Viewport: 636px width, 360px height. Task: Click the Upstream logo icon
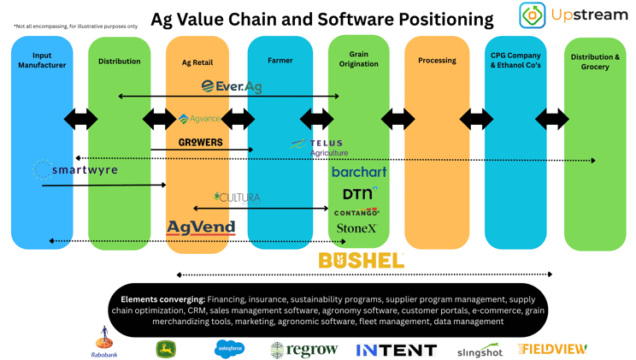[x=533, y=15]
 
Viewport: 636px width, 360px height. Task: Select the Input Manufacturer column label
[x=42, y=61]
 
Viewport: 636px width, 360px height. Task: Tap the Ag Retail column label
[x=197, y=62]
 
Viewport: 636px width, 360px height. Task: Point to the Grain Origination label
[x=358, y=58]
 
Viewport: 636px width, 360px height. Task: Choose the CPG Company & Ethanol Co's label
[x=515, y=60]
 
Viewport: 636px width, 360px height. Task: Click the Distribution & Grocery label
[x=595, y=62]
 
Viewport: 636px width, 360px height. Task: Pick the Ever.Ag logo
[x=232, y=86]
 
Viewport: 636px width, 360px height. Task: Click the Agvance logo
[x=199, y=119]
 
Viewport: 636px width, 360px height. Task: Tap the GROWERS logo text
[x=201, y=142]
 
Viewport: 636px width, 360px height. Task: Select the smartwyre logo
[x=76, y=170]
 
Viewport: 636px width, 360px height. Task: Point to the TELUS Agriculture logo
[x=318, y=147]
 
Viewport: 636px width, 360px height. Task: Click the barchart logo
[x=359, y=172]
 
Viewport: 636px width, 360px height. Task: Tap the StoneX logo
[x=356, y=228]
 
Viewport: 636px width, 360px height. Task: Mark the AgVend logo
[x=201, y=227]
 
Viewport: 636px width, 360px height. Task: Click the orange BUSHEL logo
[x=361, y=260]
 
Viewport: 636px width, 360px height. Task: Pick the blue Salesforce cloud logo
[x=229, y=348]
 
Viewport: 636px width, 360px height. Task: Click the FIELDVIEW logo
[x=551, y=349]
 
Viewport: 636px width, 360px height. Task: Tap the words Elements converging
[x=162, y=299]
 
